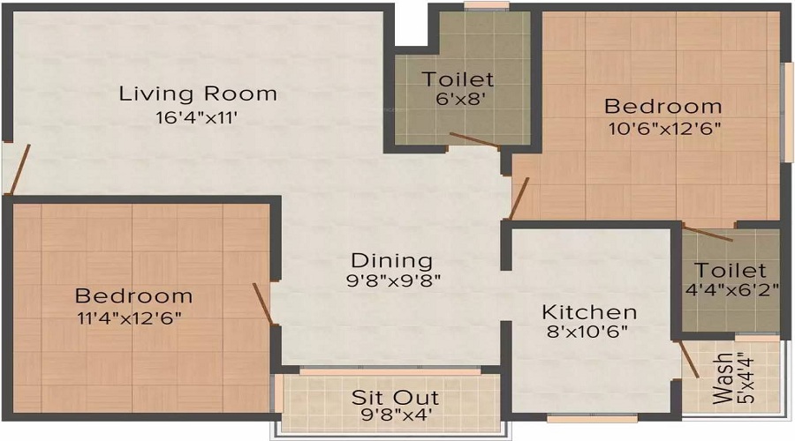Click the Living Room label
tap(198, 94)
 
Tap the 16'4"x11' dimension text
tap(197, 118)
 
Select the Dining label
tap(392, 261)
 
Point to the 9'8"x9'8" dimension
tap(393, 280)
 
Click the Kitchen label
tap(589, 312)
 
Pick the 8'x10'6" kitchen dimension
tap(587, 332)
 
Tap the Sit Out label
tap(396, 398)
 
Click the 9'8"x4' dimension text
tap(396, 415)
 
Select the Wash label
tap(723, 378)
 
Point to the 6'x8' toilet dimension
tap(461, 98)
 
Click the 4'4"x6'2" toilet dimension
tap(731, 290)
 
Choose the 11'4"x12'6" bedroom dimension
tap(129, 318)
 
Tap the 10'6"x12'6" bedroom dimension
tap(664, 128)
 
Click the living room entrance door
tap(19, 169)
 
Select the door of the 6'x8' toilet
tap(474, 140)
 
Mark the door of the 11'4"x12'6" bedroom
tap(263, 303)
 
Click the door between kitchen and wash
tap(689, 359)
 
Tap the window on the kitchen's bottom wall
tap(592, 418)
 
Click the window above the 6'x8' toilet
tap(487, 5)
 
